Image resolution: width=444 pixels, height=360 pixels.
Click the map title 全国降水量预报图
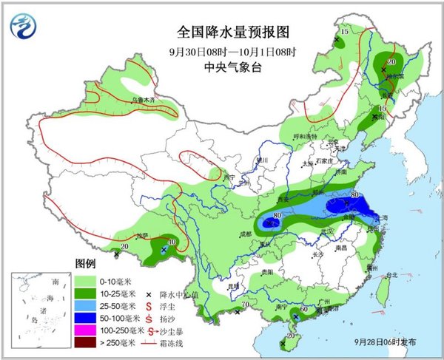pyautogui.click(x=221, y=32)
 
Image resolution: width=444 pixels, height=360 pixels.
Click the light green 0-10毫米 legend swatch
pyautogui.click(x=84, y=282)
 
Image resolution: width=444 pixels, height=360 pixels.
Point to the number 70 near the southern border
pyautogui.click(x=245, y=305)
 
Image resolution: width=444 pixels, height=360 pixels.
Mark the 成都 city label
pyautogui.click(x=246, y=234)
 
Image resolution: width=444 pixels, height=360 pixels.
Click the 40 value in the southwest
pyautogui.click(x=173, y=241)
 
